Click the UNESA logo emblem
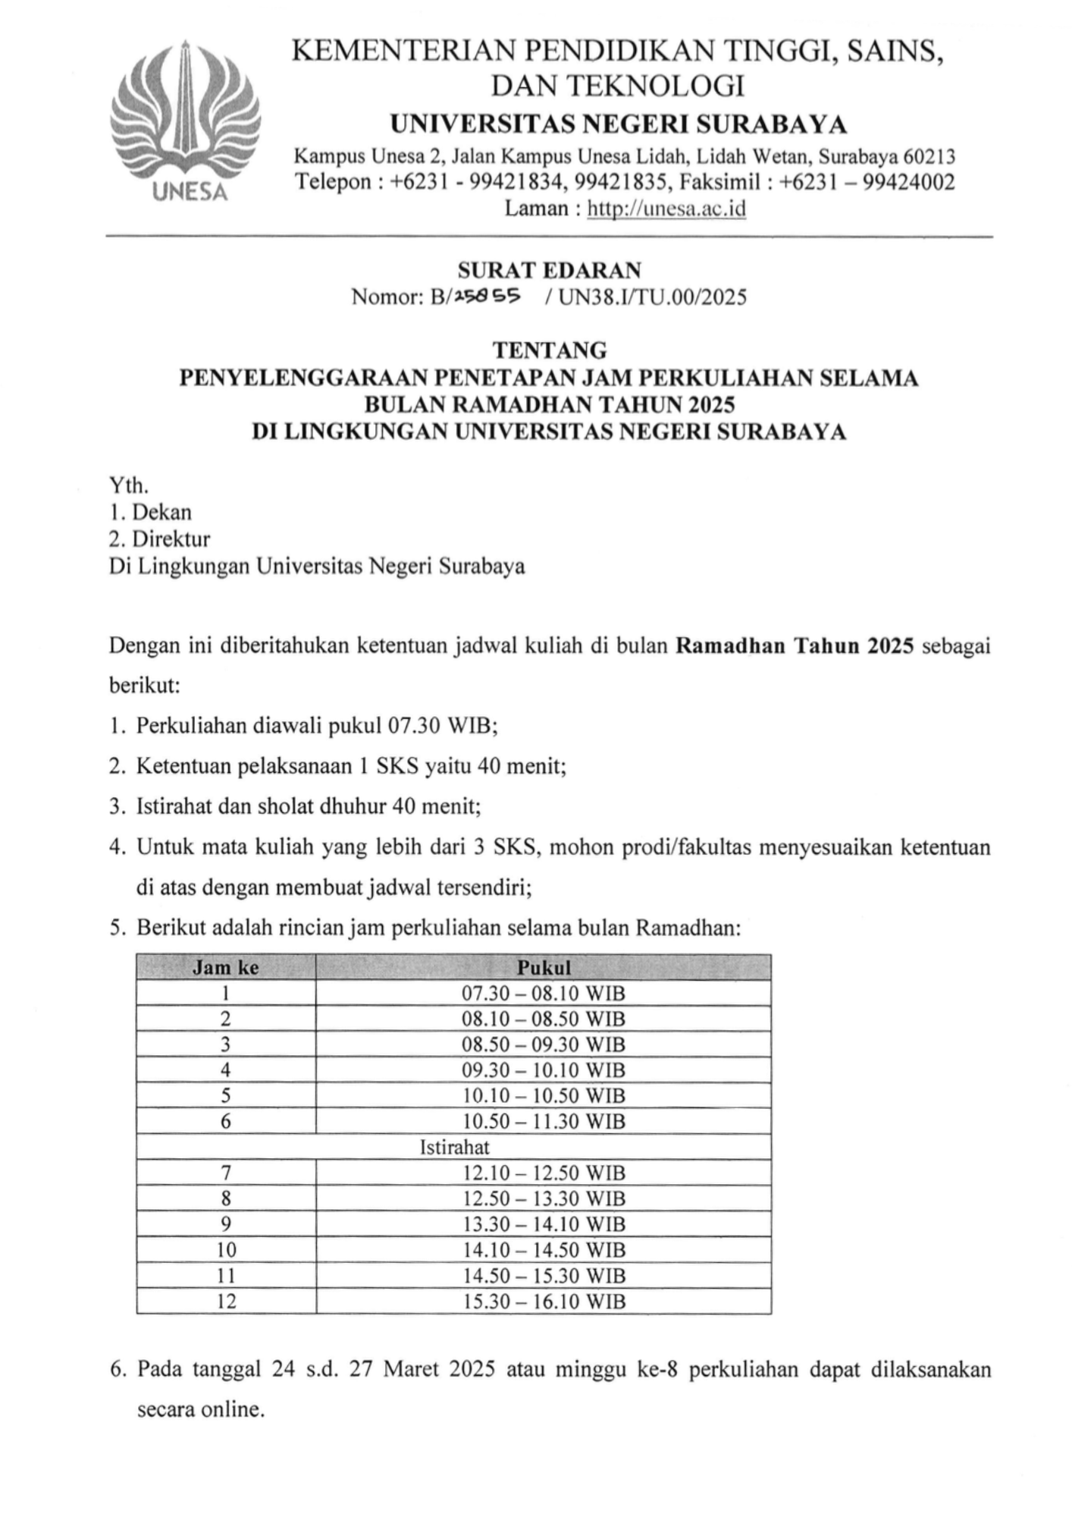[186, 121]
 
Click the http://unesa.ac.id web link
[667, 208]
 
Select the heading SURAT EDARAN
[549, 270]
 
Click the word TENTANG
[550, 350]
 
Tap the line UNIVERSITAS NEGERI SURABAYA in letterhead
[618, 124]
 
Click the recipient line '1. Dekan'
[150, 512]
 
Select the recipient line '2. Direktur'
[159, 539]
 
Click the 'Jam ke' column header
[225, 968]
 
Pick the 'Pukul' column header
[544, 968]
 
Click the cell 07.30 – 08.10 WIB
[544, 994]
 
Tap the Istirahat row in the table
[454, 1147]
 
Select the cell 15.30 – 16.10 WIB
[544, 1302]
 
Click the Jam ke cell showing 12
[226, 1302]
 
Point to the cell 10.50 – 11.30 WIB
[544, 1121]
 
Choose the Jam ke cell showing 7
[226, 1173]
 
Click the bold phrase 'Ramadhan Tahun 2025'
[794, 646]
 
